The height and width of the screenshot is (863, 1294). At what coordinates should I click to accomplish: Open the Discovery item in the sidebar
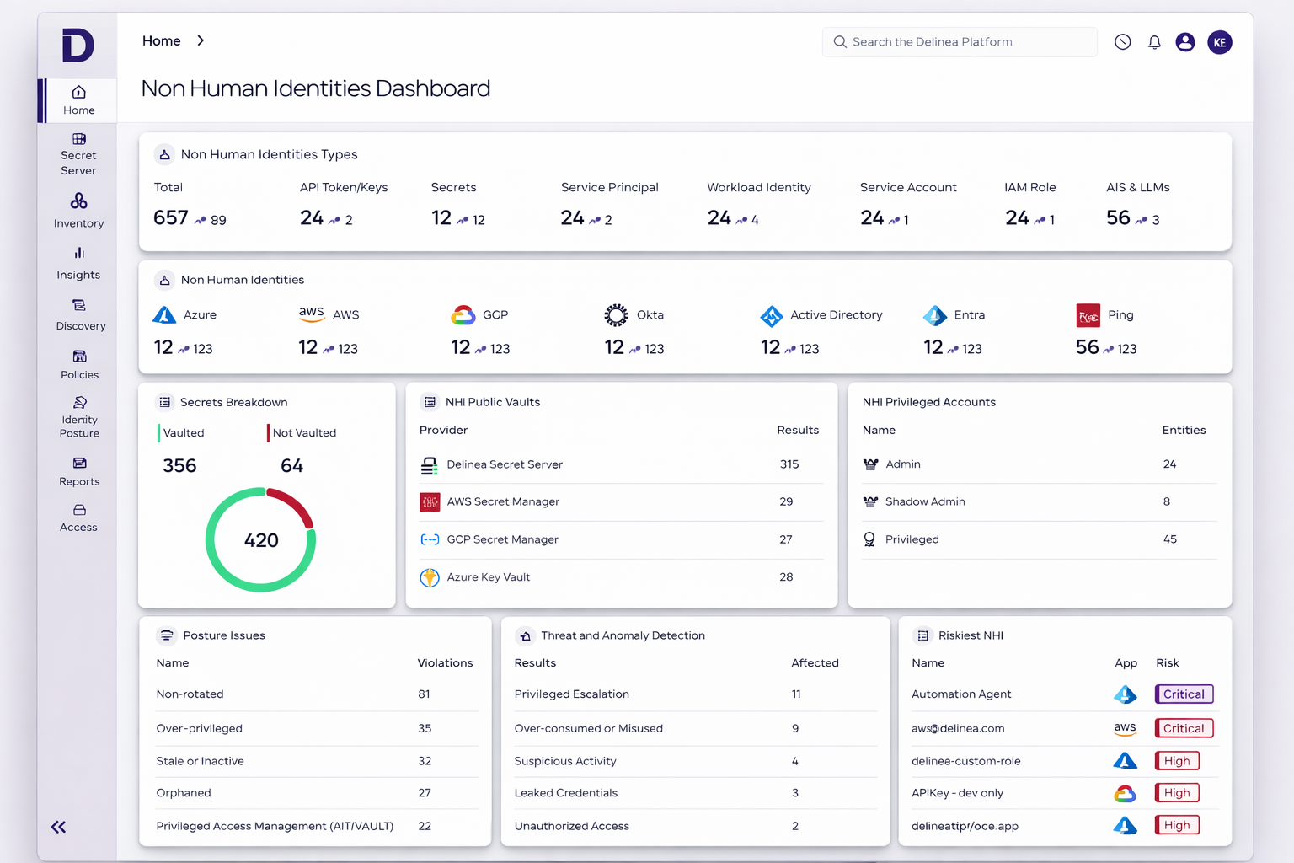(x=80, y=314)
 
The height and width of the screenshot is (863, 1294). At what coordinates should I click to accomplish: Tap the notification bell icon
(x=1154, y=42)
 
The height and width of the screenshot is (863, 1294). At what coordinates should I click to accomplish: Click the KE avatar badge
(x=1219, y=42)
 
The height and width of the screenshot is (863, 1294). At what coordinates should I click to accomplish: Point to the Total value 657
(x=171, y=218)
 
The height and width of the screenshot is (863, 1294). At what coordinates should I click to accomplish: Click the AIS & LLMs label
(x=1137, y=187)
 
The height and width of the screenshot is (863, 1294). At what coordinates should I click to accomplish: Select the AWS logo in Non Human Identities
(x=312, y=314)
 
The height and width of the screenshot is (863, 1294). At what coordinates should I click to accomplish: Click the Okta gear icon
(x=616, y=315)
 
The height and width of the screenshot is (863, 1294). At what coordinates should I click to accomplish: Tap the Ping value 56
(x=1087, y=347)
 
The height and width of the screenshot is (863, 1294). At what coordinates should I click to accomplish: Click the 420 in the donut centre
(x=261, y=540)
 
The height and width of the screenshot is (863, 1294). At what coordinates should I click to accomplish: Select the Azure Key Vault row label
(x=488, y=577)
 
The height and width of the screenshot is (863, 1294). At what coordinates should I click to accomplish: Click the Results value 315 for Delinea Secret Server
(x=789, y=464)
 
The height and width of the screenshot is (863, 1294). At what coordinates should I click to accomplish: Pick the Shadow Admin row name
(x=925, y=501)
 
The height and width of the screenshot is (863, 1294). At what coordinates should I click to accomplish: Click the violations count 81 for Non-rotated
(x=424, y=694)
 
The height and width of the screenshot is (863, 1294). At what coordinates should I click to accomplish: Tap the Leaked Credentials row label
(x=565, y=793)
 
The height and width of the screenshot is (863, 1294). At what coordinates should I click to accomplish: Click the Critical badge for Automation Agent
(x=1184, y=694)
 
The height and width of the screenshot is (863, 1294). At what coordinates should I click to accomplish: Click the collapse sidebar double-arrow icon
(x=58, y=827)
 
